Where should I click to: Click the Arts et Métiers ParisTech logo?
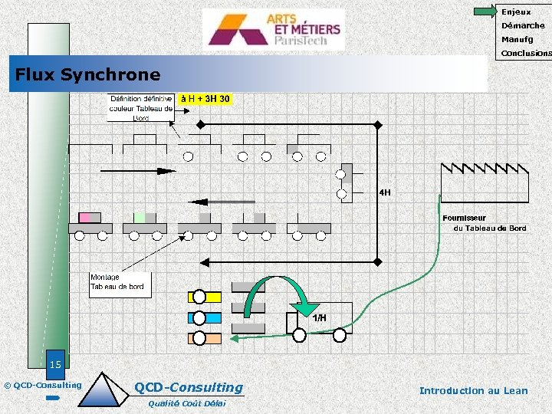[x=274, y=29]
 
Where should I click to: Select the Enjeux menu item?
[x=515, y=11]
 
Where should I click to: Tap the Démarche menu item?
[x=523, y=25]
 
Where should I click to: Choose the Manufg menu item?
[x=517, y=39]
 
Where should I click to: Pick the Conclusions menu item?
[x=525, y=54]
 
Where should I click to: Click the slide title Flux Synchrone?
[x=88, y=74]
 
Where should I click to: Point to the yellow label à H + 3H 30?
[x=205, y=99]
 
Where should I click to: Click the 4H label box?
[x=384, y=192]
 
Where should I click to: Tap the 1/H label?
[x=319, y=317]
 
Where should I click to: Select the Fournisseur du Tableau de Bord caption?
[x=485, y=223]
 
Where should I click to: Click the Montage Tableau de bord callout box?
[x=119, y=284]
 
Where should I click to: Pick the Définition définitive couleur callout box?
[x=141, y=108]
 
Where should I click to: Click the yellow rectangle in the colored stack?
[x=205, y=297]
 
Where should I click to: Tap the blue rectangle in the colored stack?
[x=205, y=317]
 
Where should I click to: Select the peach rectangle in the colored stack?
[x=205, y=338]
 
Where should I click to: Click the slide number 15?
[x=54, y=363]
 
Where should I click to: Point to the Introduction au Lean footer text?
[x=473, y=391]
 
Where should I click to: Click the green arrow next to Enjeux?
[x=485, y=11]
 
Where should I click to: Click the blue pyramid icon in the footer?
[x=105, y=389]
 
